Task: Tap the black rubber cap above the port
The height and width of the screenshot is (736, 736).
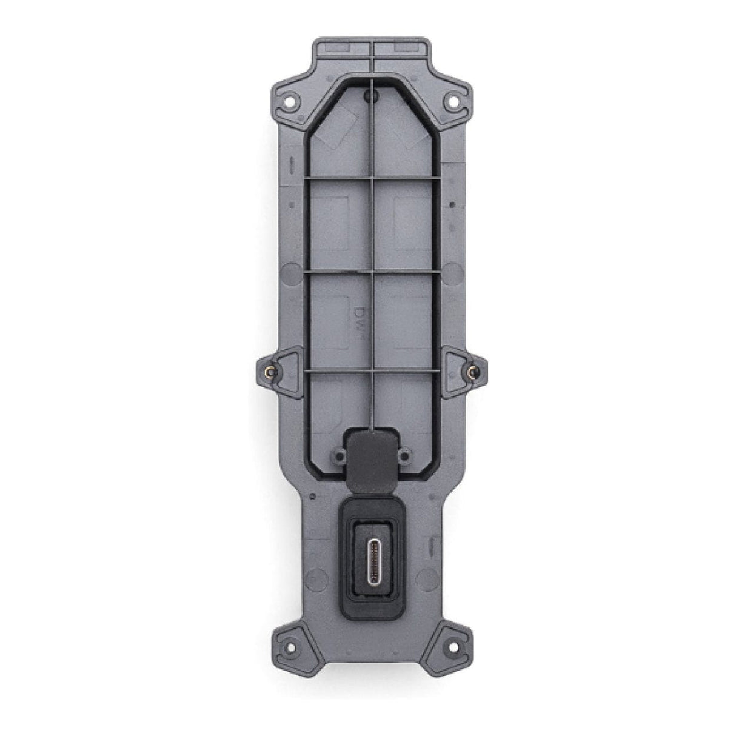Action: tap(372, 450)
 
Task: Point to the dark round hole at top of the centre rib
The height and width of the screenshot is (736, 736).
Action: tap(372, 95)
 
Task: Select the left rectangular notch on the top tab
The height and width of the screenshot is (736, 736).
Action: tap(341, 47)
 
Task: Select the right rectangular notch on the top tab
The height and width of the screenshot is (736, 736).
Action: tap(402, 47)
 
